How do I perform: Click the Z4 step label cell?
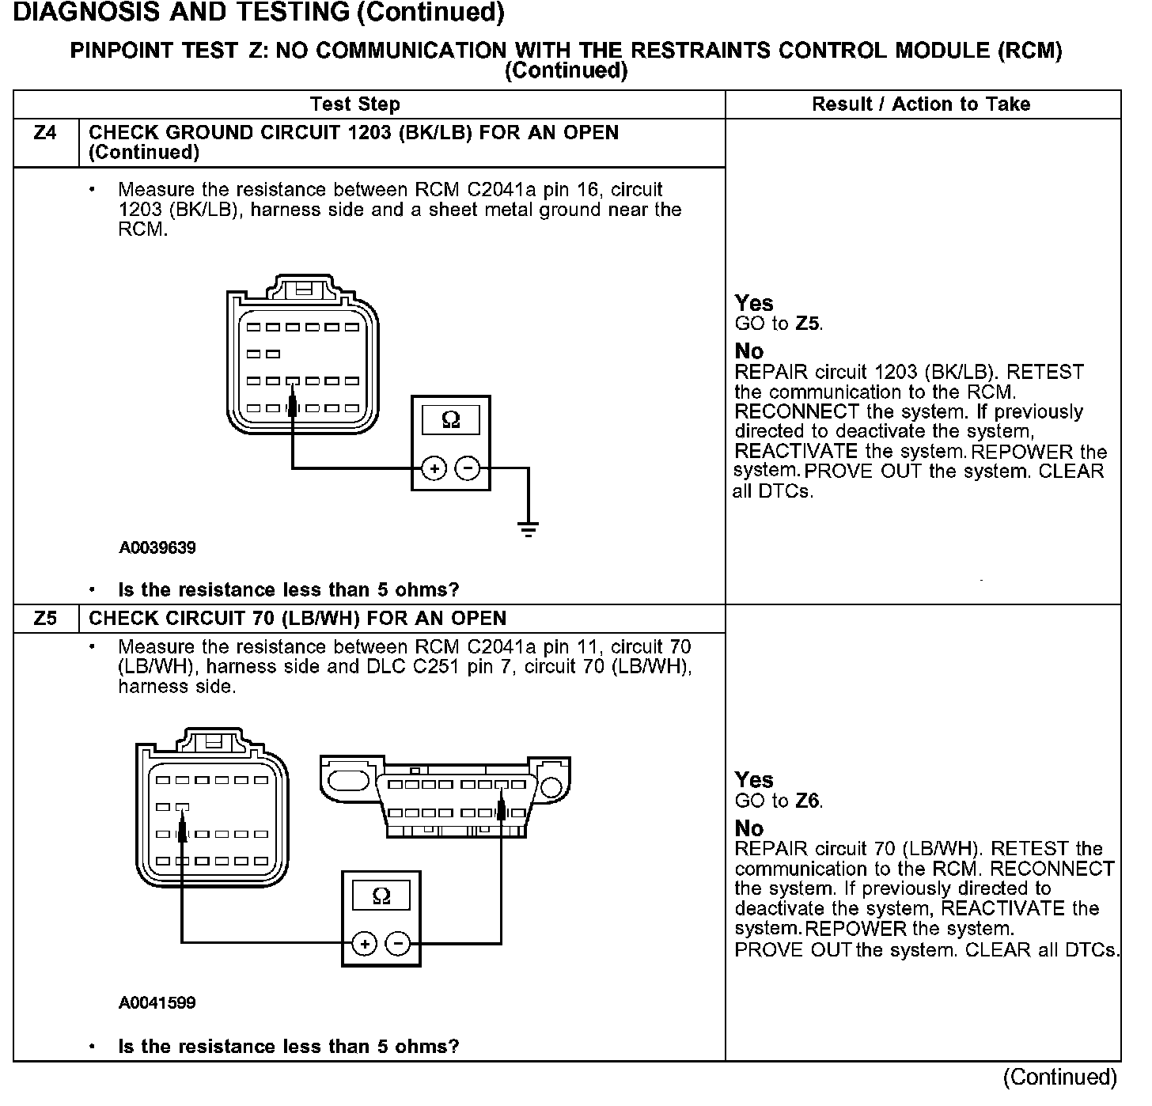tap(46, 134)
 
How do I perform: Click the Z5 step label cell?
tap(46, 619)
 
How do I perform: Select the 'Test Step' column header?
tap(355, 104)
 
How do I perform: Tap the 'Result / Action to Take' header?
tap(921, 104)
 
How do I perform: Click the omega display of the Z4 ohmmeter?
tap(451, 419)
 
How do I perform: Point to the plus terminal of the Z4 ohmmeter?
tap(434, 468)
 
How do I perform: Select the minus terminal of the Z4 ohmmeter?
tap(468, 468)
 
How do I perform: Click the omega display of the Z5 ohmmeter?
tap(381, 896)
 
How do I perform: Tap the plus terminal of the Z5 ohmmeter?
tap(364, 944)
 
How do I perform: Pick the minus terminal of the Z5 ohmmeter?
tap(398, 944)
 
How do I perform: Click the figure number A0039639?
tap(157, 547)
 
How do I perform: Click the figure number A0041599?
tap(157, 1003)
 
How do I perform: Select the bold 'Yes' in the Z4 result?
tap(753, 303)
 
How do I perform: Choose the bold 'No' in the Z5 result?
tap(748, 828)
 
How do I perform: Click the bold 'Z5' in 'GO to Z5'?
tap(808, 324)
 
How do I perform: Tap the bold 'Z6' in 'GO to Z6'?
tap(808, 801)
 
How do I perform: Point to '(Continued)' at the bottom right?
tap(1060, 1078)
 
